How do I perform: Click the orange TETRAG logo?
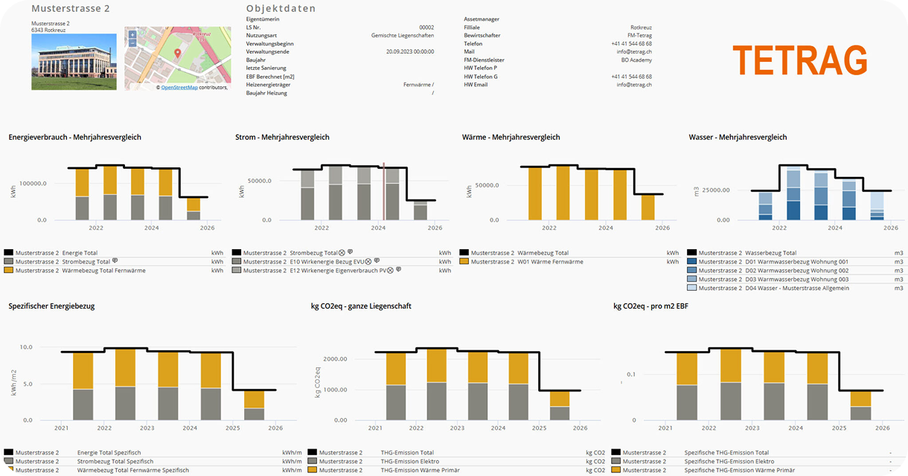point(800,59)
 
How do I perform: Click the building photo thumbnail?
point(74,62)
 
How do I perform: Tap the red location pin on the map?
point(177,54)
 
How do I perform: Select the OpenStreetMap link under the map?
point(179,87)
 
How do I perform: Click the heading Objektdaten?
point(281,9)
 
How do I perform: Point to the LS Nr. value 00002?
point(426,27)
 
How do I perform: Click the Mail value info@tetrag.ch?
point(634,52)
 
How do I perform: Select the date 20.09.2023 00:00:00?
point(410,52)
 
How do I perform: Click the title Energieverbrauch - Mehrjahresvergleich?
point(75,138)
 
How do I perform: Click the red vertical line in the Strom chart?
point(383,192)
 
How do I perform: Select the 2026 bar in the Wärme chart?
point(648,207)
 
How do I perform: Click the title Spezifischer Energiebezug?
point(51,306)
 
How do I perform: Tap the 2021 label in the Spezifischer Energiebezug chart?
point(61,428)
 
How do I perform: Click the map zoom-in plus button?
point(132,34)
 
